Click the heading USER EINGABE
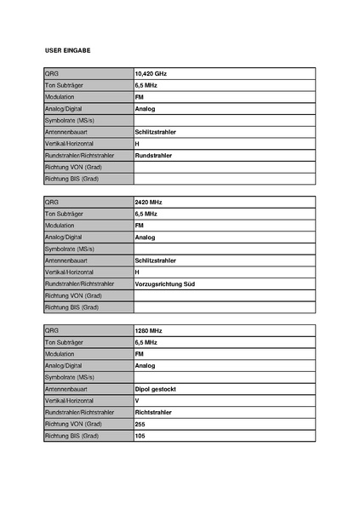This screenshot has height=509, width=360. (67, 51)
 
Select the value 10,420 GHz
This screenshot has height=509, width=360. (151, 74)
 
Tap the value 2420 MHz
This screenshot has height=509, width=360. (148, 203)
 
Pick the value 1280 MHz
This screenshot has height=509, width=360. (148, 330)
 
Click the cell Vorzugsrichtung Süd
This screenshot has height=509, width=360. (165, 283)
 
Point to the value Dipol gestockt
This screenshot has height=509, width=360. (155, 388)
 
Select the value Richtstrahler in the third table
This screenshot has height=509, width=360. (153, 412)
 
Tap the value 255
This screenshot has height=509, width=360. (140, 424)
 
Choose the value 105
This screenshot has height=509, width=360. (140, 436)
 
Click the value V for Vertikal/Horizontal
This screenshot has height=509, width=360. (137, 400)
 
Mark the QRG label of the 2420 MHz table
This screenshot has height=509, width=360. (52, 203)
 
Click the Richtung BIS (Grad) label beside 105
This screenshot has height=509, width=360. (72, 436)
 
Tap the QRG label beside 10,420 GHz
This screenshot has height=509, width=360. (52, 74)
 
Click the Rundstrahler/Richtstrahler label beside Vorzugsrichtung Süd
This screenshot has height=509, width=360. (79, 283)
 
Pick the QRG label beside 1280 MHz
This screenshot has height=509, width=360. (52, 330)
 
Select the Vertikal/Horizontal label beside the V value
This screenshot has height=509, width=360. (69, 400)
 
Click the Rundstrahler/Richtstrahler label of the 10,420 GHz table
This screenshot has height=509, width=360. (79, 156)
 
